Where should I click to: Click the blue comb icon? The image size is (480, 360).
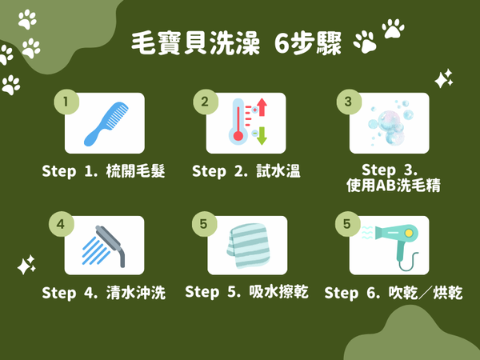point(106,124)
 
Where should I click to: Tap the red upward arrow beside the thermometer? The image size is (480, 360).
point(262,107)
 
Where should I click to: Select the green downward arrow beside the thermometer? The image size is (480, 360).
point(262,136)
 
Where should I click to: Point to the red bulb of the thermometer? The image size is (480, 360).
point(238,136)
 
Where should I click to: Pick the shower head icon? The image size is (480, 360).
point(104,246)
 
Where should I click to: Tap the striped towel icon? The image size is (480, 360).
point(249,246)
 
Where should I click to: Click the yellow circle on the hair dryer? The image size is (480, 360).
point(409,234)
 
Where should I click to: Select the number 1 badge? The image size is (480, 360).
point(66,102)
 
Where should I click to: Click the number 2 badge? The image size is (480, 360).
point(206,102)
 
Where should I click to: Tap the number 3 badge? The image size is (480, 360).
point(349,102)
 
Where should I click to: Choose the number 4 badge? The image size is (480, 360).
point(62,224)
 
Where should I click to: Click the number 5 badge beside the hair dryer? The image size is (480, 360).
point(347,224)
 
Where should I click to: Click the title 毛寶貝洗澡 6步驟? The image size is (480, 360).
point(236,43)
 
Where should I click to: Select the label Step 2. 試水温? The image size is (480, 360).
point(246,171)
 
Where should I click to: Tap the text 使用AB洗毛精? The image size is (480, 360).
point(394,186)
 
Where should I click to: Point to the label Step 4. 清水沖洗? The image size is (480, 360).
point(104,293)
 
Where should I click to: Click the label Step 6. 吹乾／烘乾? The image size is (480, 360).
point(394,293)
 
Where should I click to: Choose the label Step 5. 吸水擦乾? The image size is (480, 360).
point(246,292)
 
